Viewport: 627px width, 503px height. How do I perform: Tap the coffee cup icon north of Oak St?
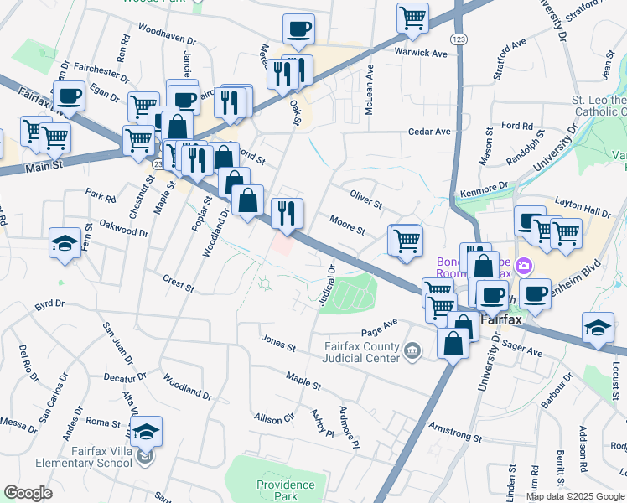click(x=298, y=30)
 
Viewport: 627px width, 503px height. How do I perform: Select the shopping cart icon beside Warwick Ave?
click(x=412, y=18)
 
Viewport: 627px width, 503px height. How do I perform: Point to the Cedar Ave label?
click(x=429, y=132)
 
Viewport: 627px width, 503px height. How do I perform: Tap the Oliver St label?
click(x=365, y=204)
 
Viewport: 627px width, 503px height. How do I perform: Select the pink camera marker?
click(x=525, y=266)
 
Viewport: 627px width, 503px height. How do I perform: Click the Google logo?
click(x=28, y=493)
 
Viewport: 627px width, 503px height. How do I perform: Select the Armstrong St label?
click(x=455, y=433)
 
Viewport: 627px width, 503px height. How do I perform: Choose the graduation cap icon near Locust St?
click(x=598, y=328)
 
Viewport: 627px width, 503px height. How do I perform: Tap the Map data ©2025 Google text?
click(x=575, y=495)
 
